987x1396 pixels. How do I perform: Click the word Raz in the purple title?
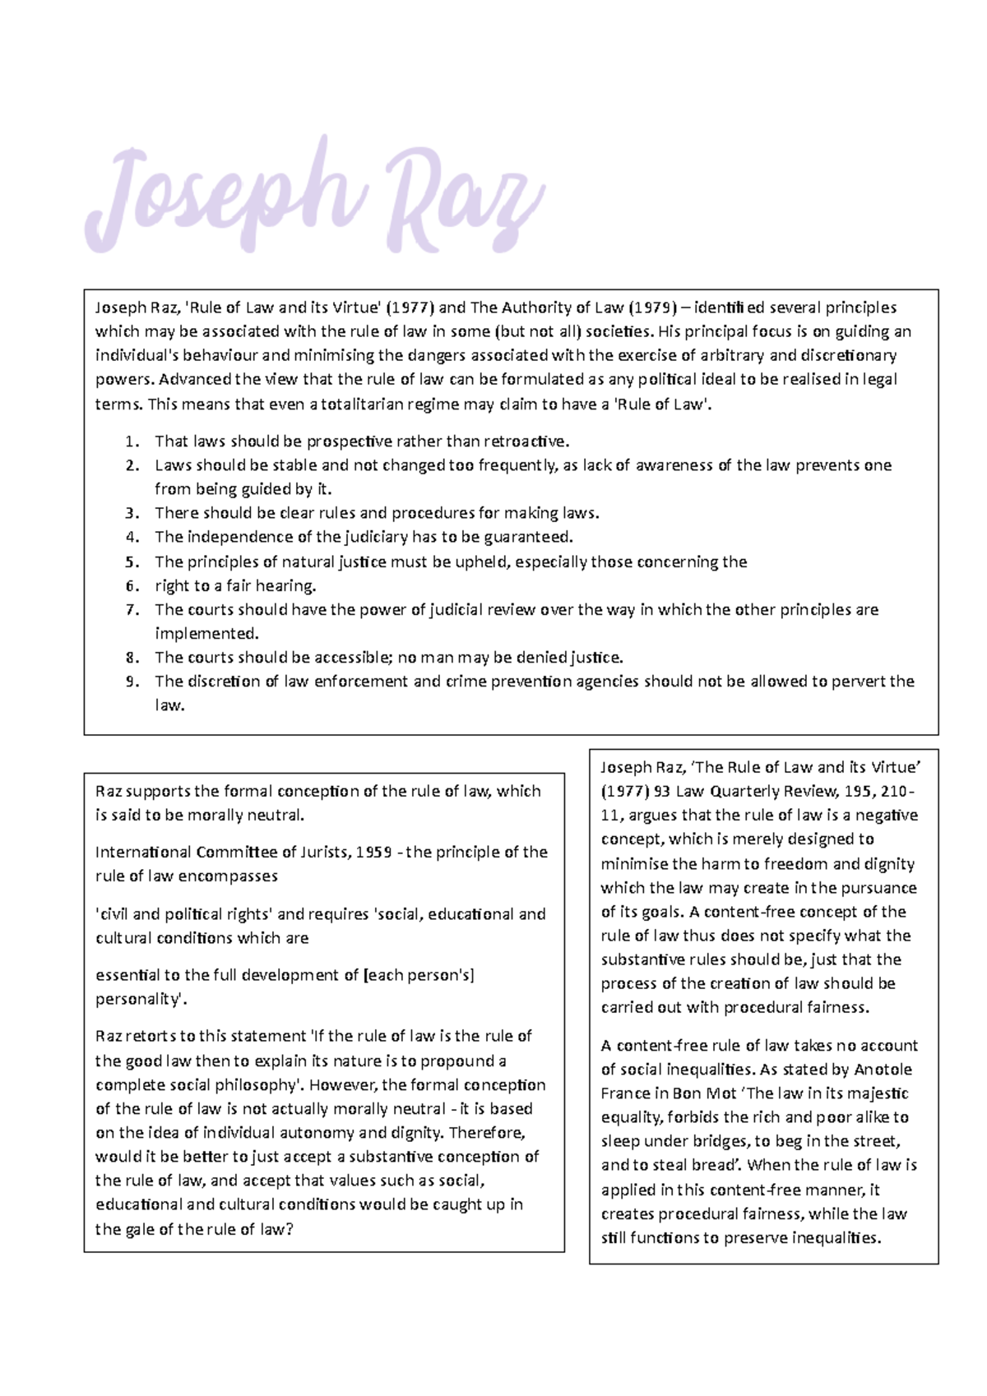click(x=465, y=197)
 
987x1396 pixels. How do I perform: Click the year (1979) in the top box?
click(x=653, y=307)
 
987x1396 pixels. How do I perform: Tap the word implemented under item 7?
click(x=206, y=634)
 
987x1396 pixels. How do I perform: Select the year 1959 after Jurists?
click(x=373, y=853)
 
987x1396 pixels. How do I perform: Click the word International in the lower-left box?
click(x=143, y=853)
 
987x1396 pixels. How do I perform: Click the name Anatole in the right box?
click(x=882, y=1070)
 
